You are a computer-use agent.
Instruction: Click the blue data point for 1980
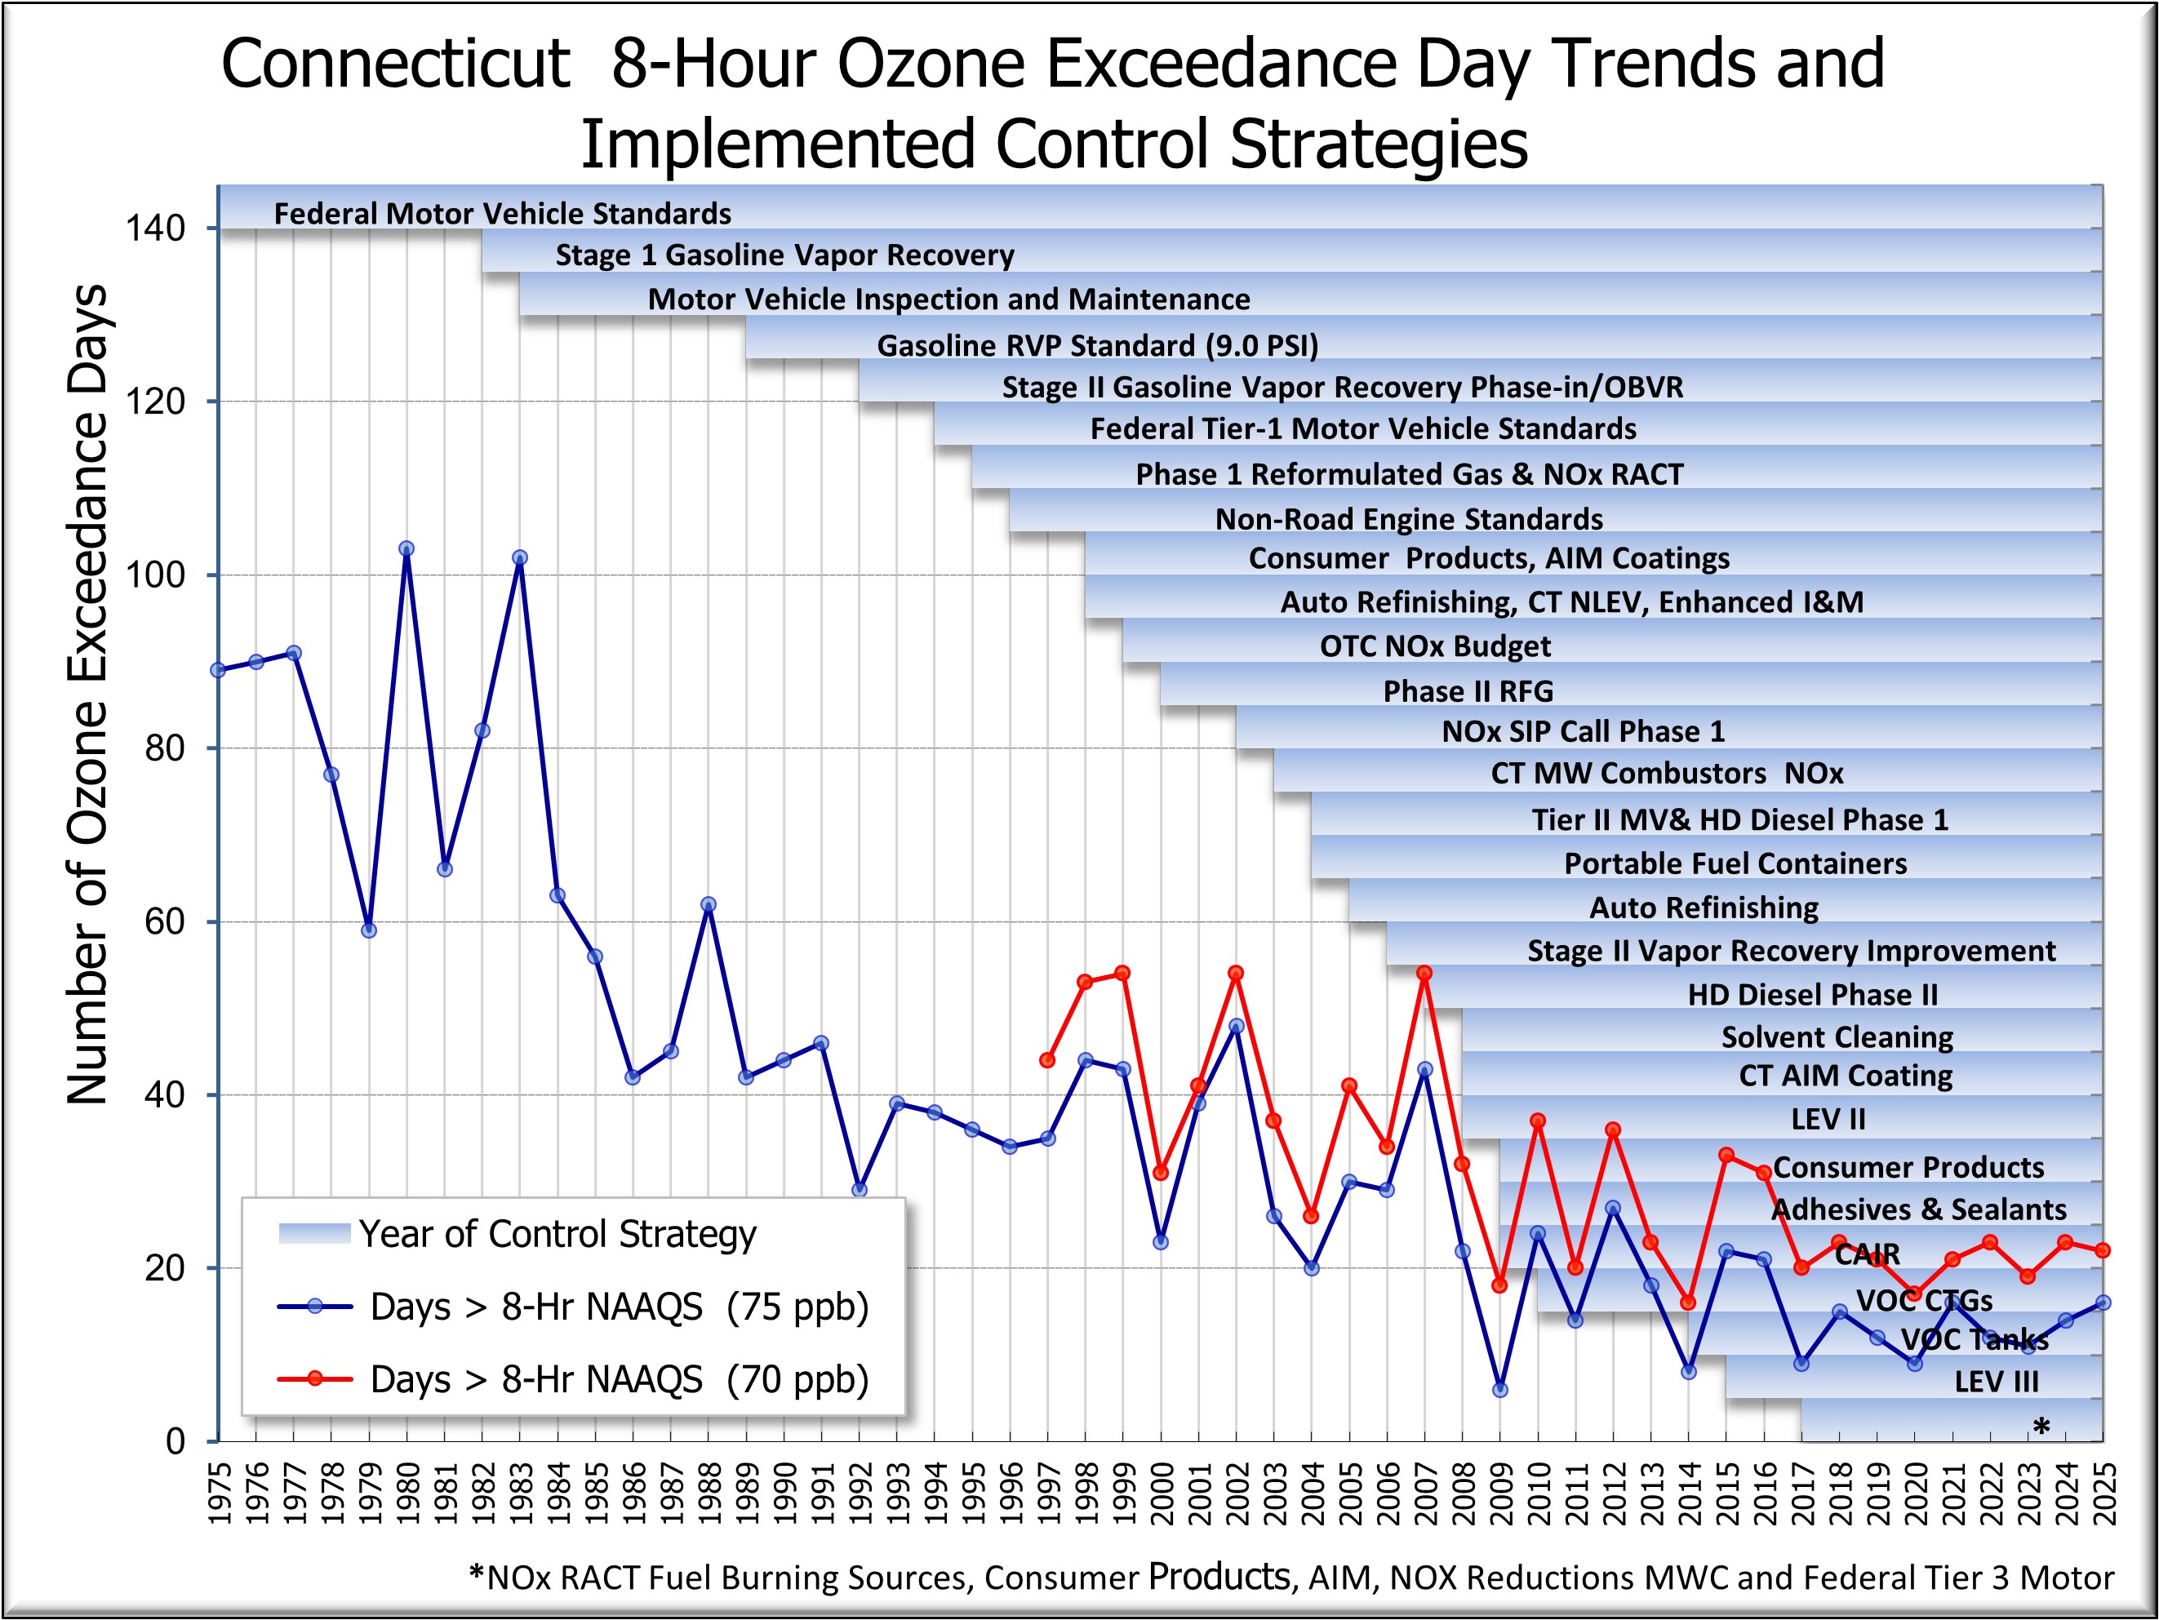(x=406, y=549)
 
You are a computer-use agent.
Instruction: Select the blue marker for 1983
(x=519, y=558)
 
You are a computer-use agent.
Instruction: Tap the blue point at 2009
(x=1500, y=1390)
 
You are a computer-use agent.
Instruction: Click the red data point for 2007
(x=1424, y=973)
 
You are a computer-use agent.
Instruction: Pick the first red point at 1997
(x=1047, y=1060)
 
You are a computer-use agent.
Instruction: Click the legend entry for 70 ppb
(x=619, y=1380)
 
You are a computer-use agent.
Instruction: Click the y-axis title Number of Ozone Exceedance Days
(x=88, y=693)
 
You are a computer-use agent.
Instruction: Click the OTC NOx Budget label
(x=1435, y=646)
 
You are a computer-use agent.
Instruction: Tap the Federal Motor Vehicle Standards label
(x=502, y=214)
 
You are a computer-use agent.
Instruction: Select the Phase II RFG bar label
(x=1467, y=691)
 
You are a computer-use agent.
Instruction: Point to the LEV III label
(x=1996, y=1382)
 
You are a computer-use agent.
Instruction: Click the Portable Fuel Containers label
(x=1735, y=863)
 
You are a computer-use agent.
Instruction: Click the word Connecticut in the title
(x=394, y=64)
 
